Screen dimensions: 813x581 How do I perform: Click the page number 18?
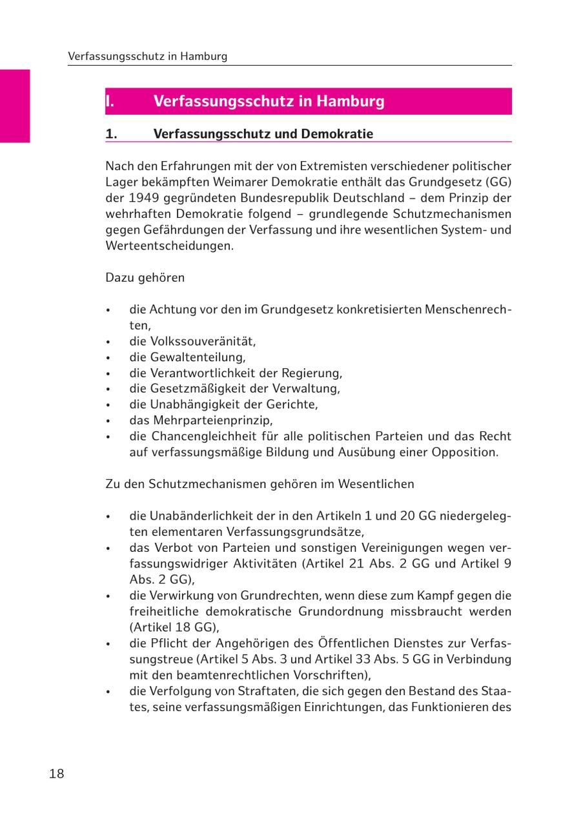click(57, 774)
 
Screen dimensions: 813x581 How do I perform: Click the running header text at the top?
click(148, 56)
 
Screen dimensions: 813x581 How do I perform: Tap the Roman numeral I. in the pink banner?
click(110, 101)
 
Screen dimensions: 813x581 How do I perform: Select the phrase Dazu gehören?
click(145, 277)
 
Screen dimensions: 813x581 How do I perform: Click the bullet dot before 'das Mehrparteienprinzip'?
click(109, 421)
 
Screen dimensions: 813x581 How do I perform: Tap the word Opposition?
click(465, 452)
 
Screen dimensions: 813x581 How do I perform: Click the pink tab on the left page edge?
click(15, 106)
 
